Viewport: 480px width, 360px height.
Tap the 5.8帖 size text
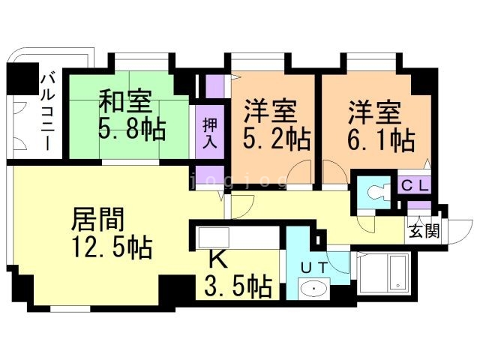(x=132, y=129)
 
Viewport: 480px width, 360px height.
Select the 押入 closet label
(x=210, y=133)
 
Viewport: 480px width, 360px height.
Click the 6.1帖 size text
(x=382, y=140)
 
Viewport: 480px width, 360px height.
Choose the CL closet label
(x=414, y=186)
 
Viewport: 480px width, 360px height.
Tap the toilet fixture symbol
(x=378, y=193)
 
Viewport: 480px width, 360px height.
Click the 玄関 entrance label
(x=424, y=231)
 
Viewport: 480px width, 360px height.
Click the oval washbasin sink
(x=314, y=288)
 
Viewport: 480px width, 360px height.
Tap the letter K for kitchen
(x=218, y=259)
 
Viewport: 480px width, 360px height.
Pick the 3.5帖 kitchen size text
(x=238, y=286)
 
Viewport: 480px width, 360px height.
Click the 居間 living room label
(x=98, y=219)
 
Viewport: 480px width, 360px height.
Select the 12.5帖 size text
(x=112, y=247)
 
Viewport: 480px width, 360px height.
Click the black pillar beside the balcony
(x=23, y=79)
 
